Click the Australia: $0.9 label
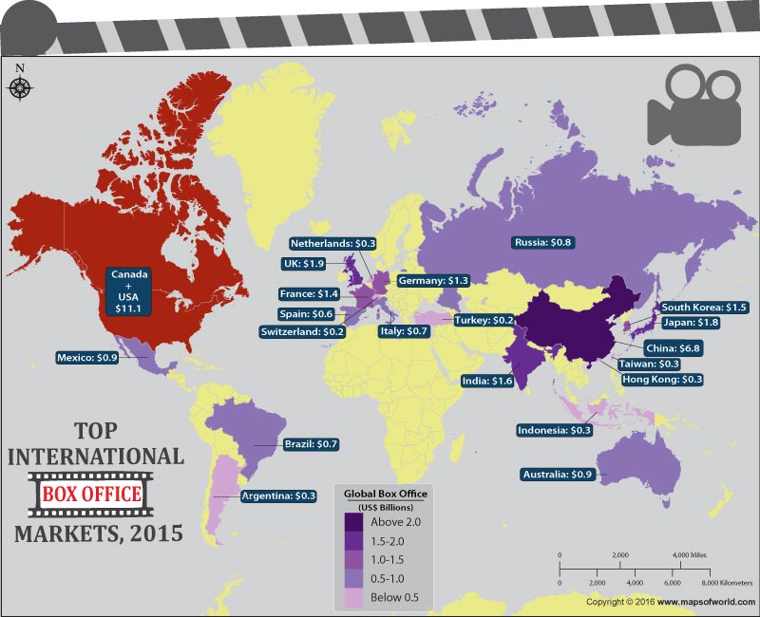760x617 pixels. [559, 474]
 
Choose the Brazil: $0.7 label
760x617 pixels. [312, 443]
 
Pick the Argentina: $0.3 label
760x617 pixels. [278, 495]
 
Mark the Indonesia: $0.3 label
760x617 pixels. [555, 430]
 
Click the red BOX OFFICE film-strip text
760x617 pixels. [90, 494]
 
